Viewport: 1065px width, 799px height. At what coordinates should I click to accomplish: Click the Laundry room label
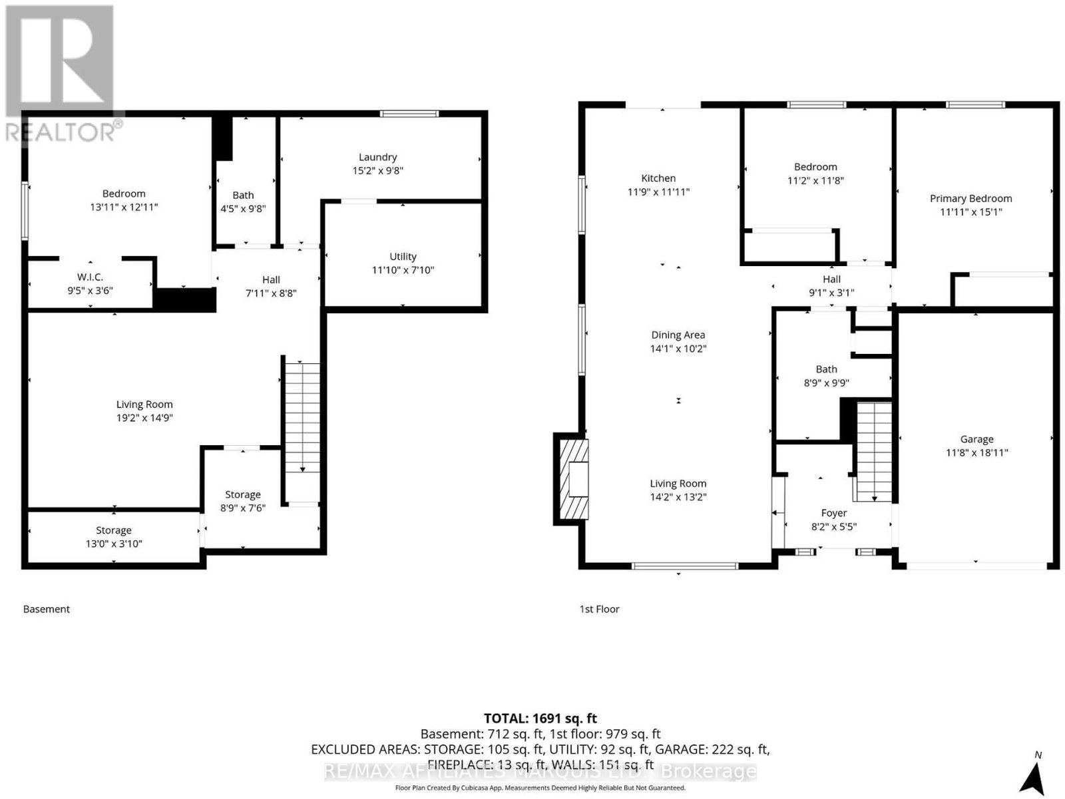(x=377, y=157)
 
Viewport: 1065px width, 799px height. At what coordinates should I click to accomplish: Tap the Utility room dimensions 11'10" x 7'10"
(x=403, y=270)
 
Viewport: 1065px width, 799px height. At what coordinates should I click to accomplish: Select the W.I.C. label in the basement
(x=91, y=277)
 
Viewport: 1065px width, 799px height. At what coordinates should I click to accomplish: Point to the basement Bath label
(x=243, y=195)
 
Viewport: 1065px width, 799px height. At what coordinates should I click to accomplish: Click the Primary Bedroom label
(x=970, y=198)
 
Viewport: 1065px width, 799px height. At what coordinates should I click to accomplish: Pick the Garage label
(x=976, y=439)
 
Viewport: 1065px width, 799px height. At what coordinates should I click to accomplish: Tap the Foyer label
(x=833, y=513)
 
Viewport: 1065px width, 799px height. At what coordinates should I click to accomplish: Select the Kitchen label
(x=658, y=178)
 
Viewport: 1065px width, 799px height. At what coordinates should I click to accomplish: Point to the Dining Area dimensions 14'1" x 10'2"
(x=678, y=349)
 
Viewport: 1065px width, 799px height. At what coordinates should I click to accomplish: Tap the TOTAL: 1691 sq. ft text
(x=540, y=719)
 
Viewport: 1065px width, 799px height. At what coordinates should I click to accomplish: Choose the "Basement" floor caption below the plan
(x=47, y=609)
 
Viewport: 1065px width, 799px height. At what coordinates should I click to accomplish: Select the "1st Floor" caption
(x=599, y=609)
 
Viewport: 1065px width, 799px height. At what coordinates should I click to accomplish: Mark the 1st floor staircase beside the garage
(x=874, y=451)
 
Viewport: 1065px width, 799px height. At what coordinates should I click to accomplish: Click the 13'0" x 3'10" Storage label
(x=114, y=537)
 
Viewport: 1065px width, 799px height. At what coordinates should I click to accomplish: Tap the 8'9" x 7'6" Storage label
(x=242, y=501)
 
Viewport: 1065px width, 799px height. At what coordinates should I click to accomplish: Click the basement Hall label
(x=271, y=279)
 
